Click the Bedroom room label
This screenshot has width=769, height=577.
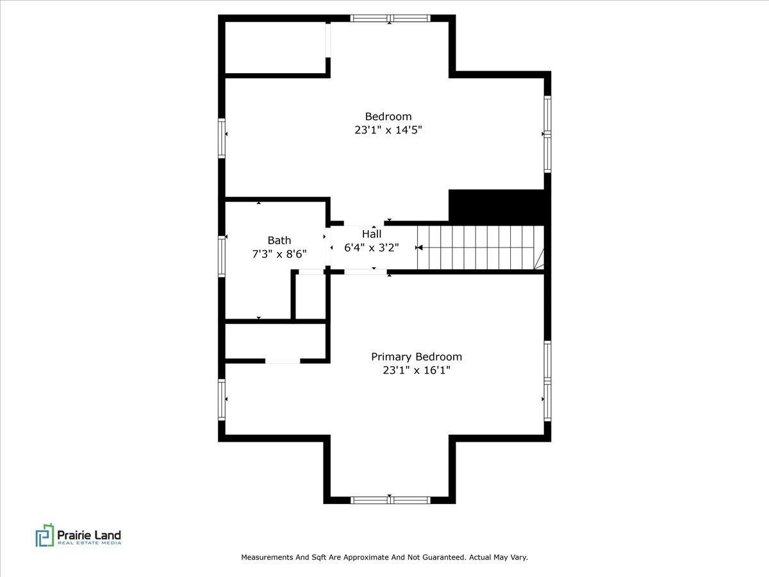[x=388, y=116]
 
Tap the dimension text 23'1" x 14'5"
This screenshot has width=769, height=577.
[x=388, y=130]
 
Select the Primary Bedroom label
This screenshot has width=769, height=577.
[x=417, y=357]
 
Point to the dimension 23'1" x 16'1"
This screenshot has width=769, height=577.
[x=417, y=371]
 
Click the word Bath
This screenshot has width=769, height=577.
[x=279, y=240]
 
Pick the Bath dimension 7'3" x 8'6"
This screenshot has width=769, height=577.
[x=279, y=254]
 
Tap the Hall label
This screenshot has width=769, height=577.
[x=372, y=234]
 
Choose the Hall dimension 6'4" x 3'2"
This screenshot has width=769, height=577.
[x=372, y=247]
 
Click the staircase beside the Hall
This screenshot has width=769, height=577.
[x=481, y=247]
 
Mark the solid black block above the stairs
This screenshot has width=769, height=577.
[x=497, y=207]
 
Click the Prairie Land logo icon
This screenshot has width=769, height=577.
[x=45, y=535]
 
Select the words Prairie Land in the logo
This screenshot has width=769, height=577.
[x=89, y=535]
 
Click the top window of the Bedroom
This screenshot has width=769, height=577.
[x=390, y=18]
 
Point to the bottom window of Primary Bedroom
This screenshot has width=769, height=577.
[x=390, y=500]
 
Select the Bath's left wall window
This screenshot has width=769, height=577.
[x=222, y=256]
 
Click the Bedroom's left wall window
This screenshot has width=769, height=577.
[x=222, y=138]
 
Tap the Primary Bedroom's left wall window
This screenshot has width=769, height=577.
[x=222, y=399]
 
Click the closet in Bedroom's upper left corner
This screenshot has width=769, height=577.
[x=276, y=47]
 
